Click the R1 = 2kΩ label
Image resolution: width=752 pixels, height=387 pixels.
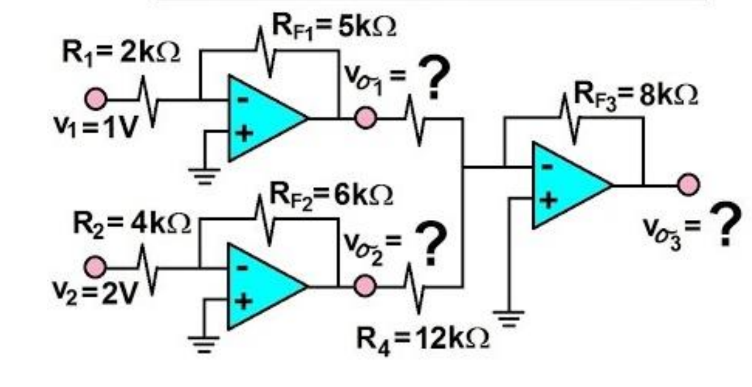click(121, 53)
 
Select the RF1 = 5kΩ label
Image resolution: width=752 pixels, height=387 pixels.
click(334, 27)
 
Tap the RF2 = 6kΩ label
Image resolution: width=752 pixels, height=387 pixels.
click(331, 196)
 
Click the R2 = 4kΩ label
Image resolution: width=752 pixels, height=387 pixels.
click(132, 223)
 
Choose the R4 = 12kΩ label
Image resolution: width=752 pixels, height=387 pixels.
click(422, 339)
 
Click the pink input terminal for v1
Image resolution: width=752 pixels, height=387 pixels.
click(96, 99)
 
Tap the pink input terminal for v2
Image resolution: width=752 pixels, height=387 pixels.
click(95, 267)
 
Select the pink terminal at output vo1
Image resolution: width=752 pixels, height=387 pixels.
click(366, 118)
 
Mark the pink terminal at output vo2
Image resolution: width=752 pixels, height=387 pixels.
click(365, 286)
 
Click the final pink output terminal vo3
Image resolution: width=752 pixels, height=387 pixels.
click(689, 184)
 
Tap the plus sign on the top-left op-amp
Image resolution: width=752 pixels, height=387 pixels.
click(245, 134)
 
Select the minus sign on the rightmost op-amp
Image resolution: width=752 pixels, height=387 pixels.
click(547, 167)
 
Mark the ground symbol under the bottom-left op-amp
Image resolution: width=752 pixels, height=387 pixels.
click(203, 345)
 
